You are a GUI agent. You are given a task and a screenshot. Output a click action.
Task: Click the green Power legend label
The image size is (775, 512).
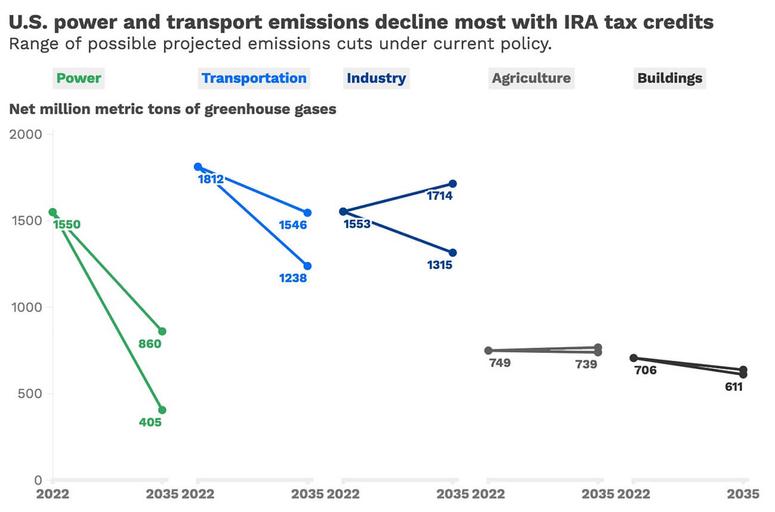point(79,78)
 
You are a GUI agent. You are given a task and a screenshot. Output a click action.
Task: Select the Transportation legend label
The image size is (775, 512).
point(254,78)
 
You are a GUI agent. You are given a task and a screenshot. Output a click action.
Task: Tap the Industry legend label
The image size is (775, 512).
point(376,78)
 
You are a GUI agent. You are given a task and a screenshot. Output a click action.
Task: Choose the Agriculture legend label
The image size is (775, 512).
point(531,78)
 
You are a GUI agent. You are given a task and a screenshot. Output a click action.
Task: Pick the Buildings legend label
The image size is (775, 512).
point(669,78)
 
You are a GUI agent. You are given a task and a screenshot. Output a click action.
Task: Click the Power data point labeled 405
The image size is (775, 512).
point(162,410)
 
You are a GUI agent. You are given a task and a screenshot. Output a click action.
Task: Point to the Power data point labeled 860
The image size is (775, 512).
point(162,331)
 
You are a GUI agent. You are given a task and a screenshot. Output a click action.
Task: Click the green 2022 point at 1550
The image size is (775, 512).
point(52,212)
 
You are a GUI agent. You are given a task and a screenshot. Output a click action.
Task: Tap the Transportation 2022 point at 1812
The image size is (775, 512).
point(198,167)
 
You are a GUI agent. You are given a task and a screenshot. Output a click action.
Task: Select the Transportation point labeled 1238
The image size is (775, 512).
point(308,266)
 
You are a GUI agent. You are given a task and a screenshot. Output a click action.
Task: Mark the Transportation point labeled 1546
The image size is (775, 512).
point(308,213)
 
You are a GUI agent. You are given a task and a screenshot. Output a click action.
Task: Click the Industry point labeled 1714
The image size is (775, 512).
point(452,183)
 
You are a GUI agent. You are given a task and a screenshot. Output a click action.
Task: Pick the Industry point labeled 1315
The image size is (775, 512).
point(452,252)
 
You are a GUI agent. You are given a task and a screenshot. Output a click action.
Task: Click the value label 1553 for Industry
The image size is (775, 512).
point(357,224)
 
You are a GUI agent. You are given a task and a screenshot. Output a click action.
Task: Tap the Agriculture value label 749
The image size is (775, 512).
point(500,363)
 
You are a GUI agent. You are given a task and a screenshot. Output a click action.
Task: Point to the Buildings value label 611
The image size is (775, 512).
point(733,386)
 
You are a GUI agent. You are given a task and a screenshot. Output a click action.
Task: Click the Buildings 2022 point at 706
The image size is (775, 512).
point(634,358)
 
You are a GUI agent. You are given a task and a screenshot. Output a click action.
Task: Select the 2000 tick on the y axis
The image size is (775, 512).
point(25,135)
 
